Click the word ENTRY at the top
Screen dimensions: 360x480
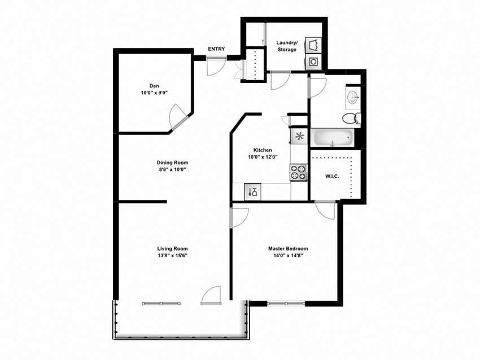[216, 49]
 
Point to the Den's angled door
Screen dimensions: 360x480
[180, 117]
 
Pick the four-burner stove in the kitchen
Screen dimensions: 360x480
[298, 172]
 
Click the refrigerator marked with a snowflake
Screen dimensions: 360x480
[299, 136]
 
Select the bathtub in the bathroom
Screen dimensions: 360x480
[333, 137]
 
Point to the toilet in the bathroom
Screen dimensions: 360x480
[350, 118]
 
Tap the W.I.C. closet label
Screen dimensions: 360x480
[331, 177]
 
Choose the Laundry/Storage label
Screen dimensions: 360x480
[286, 46]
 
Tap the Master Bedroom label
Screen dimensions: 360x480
[287, 248]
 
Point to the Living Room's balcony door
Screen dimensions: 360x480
[211, 296]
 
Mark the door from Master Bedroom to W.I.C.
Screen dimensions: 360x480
[325, 210]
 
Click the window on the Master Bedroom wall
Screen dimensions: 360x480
[285, 304]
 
